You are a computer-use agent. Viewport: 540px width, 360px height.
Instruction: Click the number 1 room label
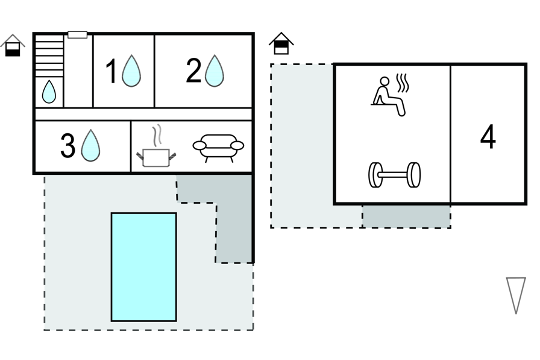click(111, 72)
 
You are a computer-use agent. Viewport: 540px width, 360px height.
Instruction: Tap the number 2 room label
click(193, 71)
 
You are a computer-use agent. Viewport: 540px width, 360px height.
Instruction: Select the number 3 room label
click(68, 146)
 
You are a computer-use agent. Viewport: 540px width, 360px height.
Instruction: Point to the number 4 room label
click(488, 137)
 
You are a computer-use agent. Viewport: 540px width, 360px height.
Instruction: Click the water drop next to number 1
click(131, 71)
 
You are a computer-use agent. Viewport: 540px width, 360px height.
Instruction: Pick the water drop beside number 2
click(214, 71)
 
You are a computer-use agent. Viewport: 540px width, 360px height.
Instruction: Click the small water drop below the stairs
click(49, 92)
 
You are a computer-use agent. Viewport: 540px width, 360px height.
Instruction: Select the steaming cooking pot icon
click(156, 157)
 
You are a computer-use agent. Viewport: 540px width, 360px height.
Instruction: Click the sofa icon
click(218, 147)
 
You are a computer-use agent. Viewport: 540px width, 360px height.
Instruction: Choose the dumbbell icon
click(394, 175)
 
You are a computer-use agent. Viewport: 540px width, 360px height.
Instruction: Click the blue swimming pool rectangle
click(143, 267)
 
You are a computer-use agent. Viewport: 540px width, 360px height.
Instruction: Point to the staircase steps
click(49, 57)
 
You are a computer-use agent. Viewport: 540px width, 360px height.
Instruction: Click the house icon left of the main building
click(13, 46)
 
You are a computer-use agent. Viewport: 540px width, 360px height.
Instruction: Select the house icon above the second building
click(281, 43)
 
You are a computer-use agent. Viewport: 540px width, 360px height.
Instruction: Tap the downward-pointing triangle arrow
click(516, 294)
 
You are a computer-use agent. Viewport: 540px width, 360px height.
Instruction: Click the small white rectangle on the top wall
click(77, 34)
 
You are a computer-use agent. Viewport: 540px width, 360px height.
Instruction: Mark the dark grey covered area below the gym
click(406, 216)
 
